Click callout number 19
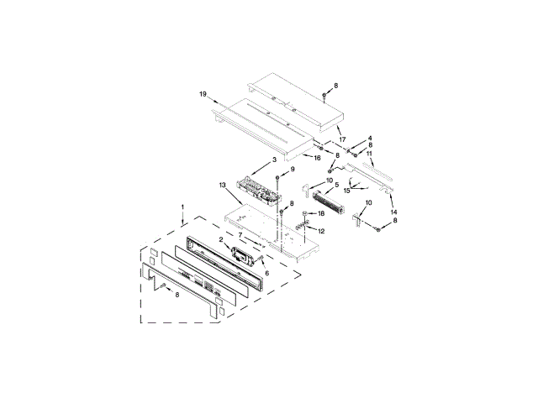[203, 94]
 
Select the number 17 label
[342, 139]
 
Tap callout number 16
[317, 158]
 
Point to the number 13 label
[222, 186]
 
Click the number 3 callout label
[274, 160]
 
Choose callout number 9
[293, 169]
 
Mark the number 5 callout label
[336, 185]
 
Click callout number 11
[369, 154]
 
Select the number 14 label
[393, 212]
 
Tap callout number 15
[347, 191]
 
